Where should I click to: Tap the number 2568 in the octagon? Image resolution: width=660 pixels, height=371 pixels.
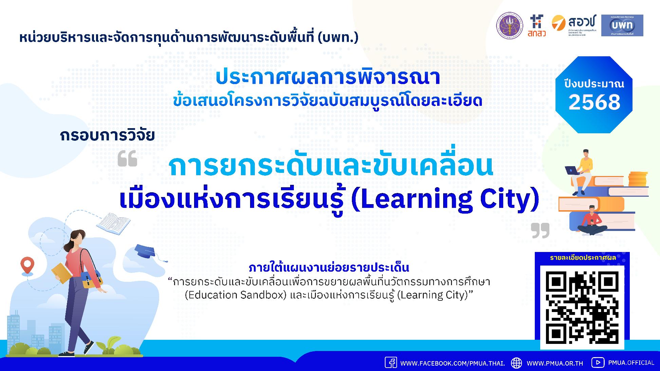coord(594,102)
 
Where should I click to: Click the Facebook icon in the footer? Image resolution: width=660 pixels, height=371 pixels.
coord(391,363)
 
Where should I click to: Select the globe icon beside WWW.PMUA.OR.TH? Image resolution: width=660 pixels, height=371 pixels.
coord(516,363)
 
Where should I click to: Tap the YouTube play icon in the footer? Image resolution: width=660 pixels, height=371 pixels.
coord(598,363)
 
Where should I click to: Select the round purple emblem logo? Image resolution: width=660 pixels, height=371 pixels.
coord(510,25)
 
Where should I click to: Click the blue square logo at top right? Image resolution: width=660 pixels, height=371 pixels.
coord(622,25)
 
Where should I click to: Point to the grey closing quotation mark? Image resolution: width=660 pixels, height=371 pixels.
coord(540,231)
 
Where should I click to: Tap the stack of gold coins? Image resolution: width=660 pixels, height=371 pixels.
coord(638,179)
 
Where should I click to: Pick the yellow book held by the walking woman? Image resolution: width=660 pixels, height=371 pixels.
coord(61,273)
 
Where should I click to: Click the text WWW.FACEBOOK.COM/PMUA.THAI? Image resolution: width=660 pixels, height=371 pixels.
coord(452,363)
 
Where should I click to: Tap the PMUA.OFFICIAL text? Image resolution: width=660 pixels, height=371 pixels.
coord(631,363)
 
